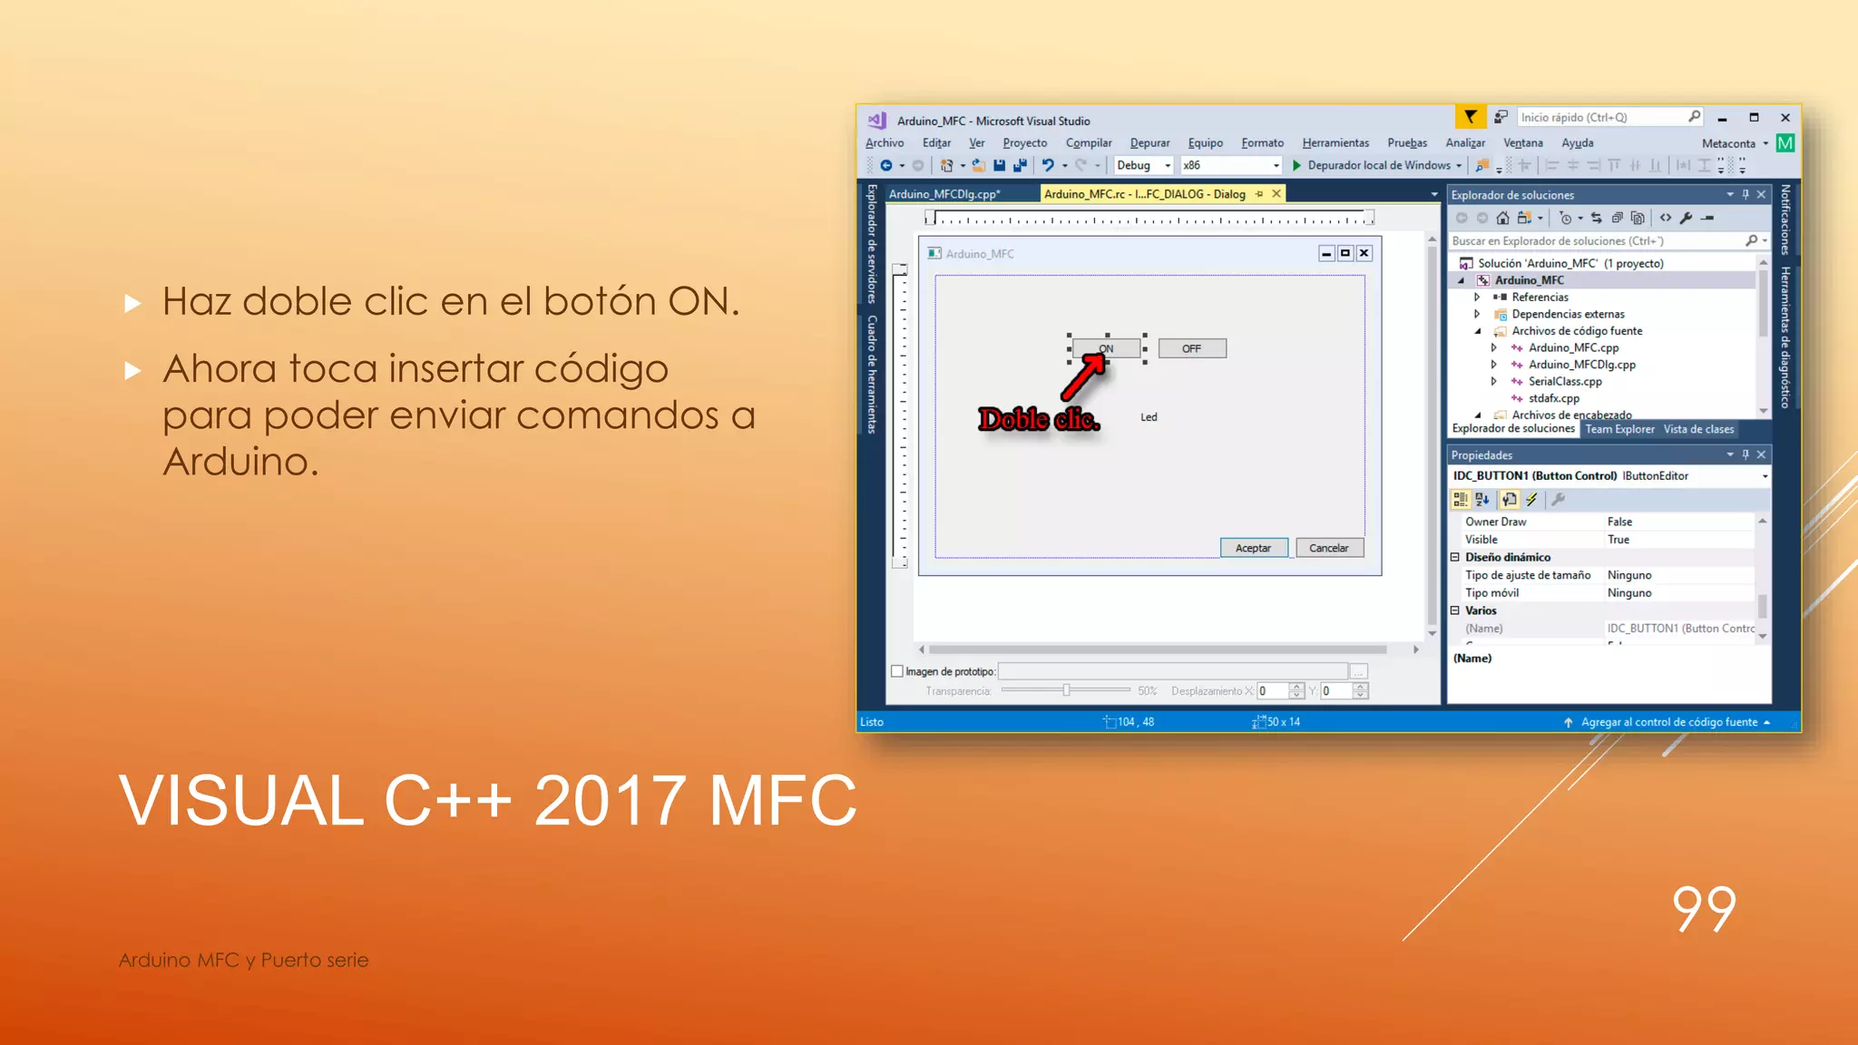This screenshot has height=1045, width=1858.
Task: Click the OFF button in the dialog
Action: pyautogui.click(x=1191, y=348)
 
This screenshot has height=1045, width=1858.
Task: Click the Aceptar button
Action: pyautogui.click(x=1253, y=548)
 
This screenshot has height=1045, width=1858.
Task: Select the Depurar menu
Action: pyautogui.click(x=1149, y=143)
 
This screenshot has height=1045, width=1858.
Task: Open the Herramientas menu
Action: pyautogui.click(x=1335, y=143)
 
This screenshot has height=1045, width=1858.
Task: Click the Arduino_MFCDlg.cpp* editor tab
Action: pyautogui.click(x=944, y=194)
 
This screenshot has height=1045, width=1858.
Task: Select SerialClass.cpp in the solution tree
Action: pyautogui.click(x=1565, y=382)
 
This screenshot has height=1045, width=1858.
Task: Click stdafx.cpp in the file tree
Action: pyautogui.click(x=1553, y=398)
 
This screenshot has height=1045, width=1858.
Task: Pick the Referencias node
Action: pyautogui.click(x=1540, y=298)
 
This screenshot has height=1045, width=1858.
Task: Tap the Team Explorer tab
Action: pyautogui.click(x=1619, y=429)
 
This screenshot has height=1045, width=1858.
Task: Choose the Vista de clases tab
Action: pyautogui.click(x=1698, y=429)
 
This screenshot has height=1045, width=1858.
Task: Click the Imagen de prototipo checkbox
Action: pyautogui.click(x=897, y=671)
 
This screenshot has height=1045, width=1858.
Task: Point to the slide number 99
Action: pyautogui.click(x=1704, y=909)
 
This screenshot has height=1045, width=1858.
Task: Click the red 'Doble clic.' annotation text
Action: pyautogui.click(x=1039, y=419)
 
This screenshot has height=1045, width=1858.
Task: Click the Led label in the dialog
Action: pyautogui.click(x=1149, y=417)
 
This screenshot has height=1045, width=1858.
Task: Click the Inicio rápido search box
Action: pyautogui.click(x=1601, y=118)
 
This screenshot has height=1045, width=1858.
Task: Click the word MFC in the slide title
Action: pyautogui.click(x=782, y=801)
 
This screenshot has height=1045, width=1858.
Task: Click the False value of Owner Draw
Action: pyautogui.click(x=1619, y=522)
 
